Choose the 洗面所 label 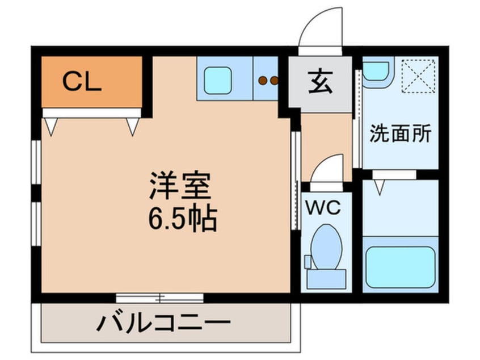point(401,134)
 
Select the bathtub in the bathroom point(401,266)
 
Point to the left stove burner point(262,81)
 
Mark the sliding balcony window point(159,297)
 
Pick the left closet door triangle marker point(51,126)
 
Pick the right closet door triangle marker point(133,126)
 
